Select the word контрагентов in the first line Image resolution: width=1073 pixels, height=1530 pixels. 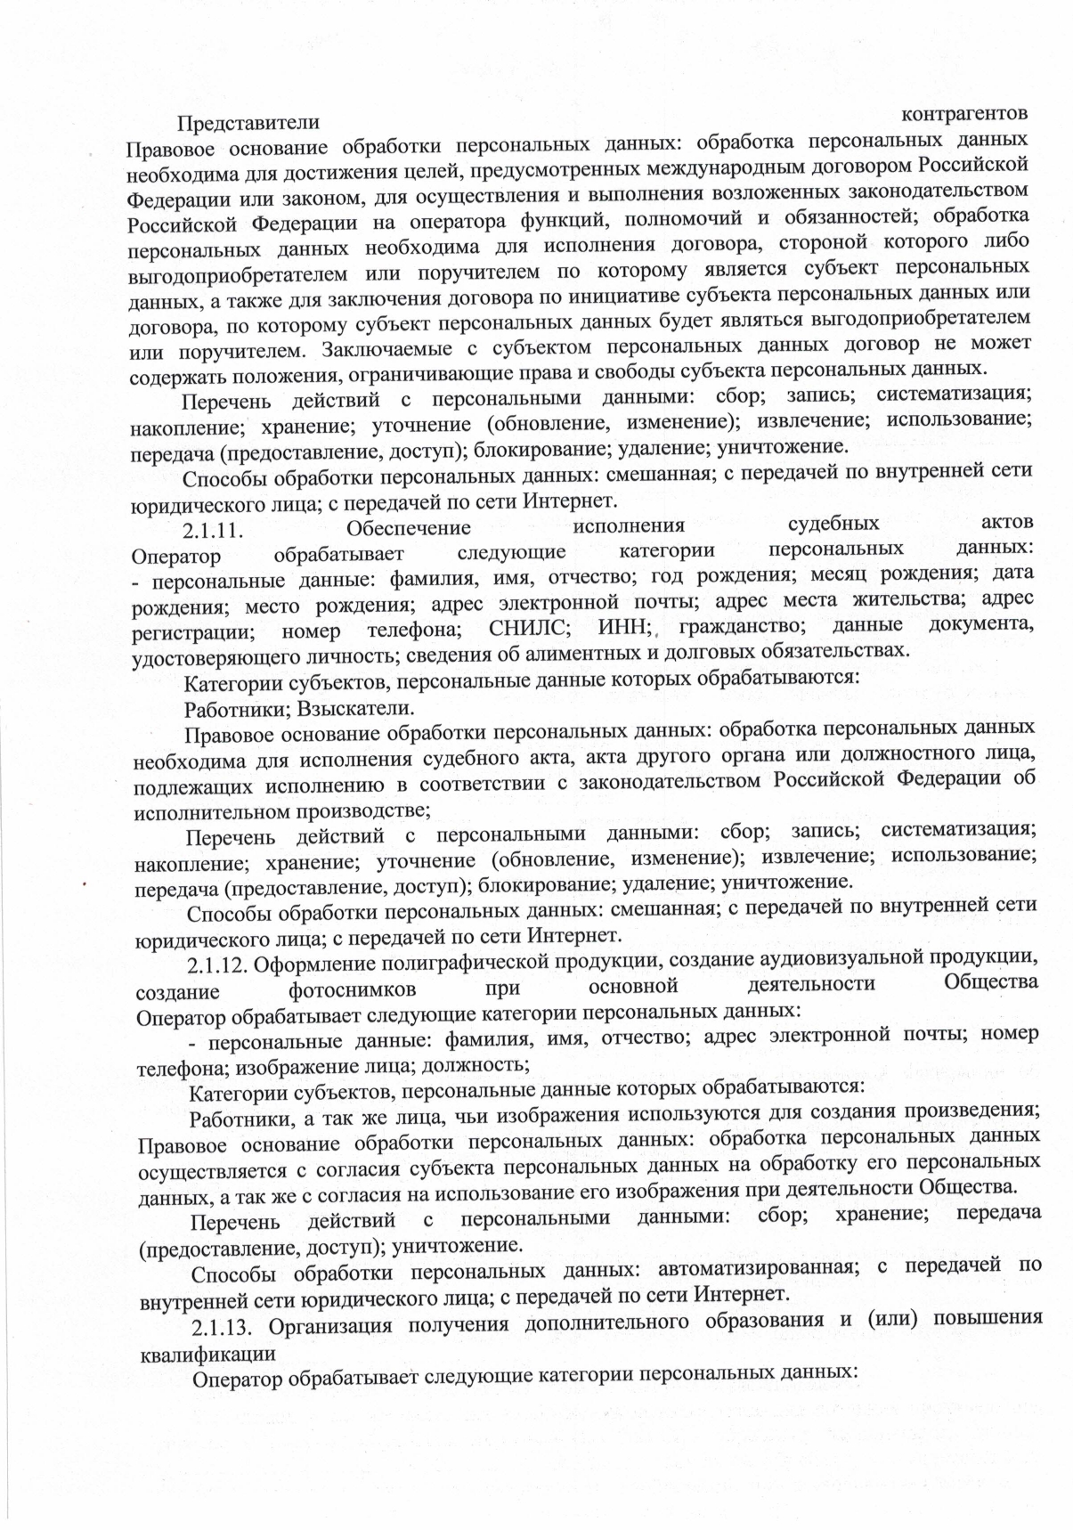965,114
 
